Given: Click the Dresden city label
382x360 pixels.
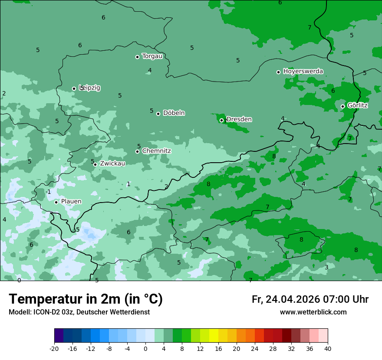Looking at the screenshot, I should coord(239,119).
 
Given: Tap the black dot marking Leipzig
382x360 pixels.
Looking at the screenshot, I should coord(74,88).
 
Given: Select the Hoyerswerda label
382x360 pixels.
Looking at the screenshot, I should coord(303,71).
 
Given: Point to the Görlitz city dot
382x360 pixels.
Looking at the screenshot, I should coord(342,106).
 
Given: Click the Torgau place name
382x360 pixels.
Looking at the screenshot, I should coord(152,56).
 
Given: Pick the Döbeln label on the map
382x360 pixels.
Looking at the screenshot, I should coord(174,113).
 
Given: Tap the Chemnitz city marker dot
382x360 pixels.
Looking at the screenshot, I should coord(137,151).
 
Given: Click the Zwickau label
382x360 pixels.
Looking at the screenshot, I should coord(112,164).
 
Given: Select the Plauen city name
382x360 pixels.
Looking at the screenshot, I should coord(71,201).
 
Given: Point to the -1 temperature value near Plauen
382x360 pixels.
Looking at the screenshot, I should coord(48,192).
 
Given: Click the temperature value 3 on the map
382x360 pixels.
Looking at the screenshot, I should coord(326,267).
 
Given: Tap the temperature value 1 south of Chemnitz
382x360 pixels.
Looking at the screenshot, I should coord(128,184).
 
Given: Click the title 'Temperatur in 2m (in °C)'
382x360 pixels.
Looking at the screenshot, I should coord(86,299).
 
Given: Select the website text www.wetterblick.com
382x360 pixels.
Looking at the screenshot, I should coord(313,312).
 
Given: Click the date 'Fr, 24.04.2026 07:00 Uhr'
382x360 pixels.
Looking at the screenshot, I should coord(310,299).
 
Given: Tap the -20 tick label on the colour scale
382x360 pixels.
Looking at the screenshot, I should coord(54,348).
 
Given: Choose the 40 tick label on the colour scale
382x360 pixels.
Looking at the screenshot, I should coord(328,348).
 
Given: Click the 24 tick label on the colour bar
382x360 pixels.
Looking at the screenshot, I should coord(255,348).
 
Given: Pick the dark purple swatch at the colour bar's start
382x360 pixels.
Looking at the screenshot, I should coord(59,336).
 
